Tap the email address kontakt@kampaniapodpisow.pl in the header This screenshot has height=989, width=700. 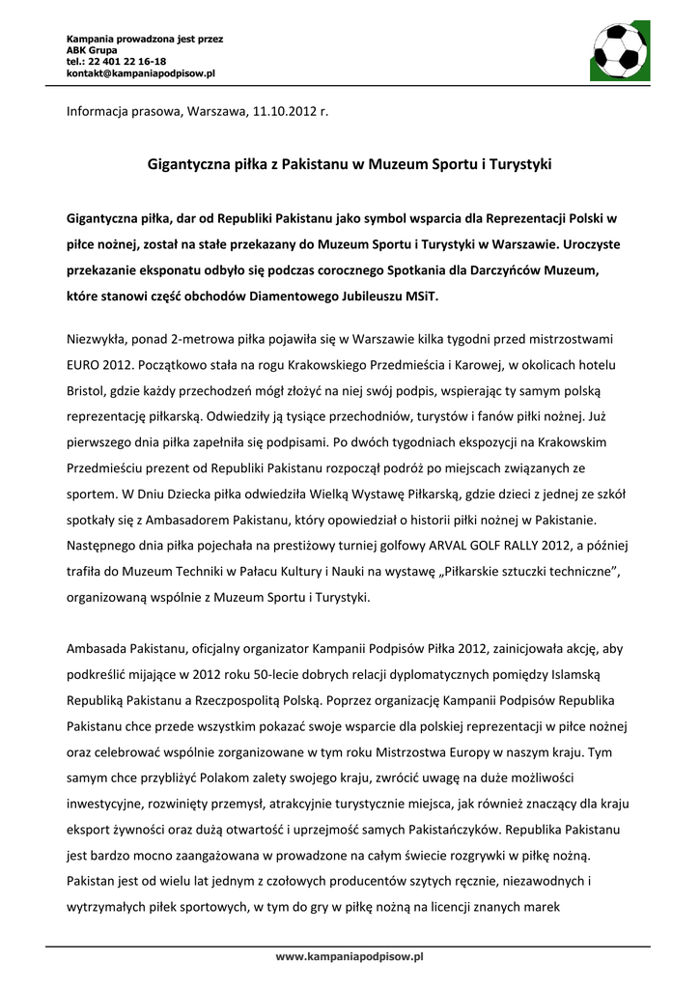pos(140,72)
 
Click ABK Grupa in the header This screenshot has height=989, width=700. pos(91,49)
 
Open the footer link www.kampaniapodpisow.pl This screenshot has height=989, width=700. pos(350,956)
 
